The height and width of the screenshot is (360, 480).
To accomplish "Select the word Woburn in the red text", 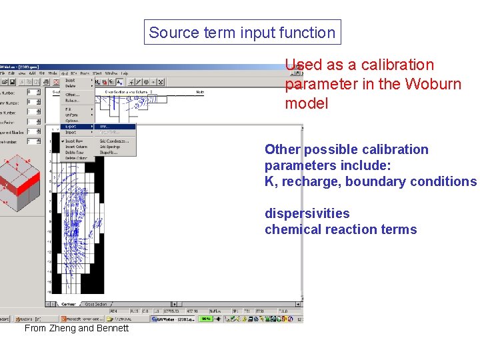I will (436, 85).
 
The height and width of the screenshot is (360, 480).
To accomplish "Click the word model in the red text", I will (307, 104).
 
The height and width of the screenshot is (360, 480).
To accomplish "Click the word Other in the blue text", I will (281, 149).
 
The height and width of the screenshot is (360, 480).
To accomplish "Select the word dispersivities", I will (307, 213).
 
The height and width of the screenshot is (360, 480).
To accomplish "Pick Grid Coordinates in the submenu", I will (114, 141).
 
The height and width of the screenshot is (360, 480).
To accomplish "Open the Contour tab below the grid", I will (68, 304).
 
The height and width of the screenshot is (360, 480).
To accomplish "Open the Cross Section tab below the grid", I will (95, 304).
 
